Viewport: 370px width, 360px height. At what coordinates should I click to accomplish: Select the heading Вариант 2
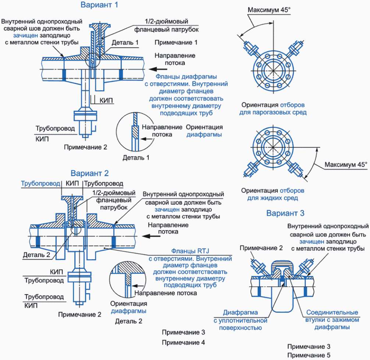pos(90,173)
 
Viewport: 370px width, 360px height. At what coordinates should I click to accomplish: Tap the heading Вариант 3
pos(285,213)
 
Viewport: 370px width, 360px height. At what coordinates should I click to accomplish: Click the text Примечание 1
pos(176,43)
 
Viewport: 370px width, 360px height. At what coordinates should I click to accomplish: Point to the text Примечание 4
pos(183,342)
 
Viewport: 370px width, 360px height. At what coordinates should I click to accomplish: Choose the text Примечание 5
pos(309,355)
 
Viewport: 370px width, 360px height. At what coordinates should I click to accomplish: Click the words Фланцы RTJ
pos(178,252)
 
